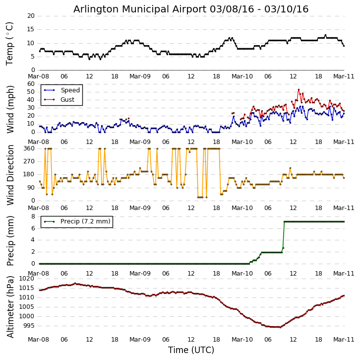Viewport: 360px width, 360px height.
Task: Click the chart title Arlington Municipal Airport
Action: pos(191,9)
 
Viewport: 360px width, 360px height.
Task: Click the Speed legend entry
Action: pos(70,90)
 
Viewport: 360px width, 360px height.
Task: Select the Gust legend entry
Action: pos(67,100)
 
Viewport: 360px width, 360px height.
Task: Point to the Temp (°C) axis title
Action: pos(10,43)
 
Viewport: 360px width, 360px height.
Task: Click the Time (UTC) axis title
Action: pos(191,350)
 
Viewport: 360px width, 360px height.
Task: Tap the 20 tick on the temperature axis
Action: pos(31,16)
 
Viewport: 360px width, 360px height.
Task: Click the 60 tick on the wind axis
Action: pos(31,84)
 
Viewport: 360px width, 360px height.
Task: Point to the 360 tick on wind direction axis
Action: pos(29,148)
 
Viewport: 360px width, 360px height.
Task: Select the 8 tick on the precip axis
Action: pos(33,216)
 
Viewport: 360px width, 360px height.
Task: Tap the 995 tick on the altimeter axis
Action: pos(29,326)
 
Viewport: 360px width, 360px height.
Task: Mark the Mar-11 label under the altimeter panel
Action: pos(344,340)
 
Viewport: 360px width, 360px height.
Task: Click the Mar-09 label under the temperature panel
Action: pos(140,77)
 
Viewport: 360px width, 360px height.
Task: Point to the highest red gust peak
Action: pos(299,90)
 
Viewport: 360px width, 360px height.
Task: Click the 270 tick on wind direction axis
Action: pos(29,161)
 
